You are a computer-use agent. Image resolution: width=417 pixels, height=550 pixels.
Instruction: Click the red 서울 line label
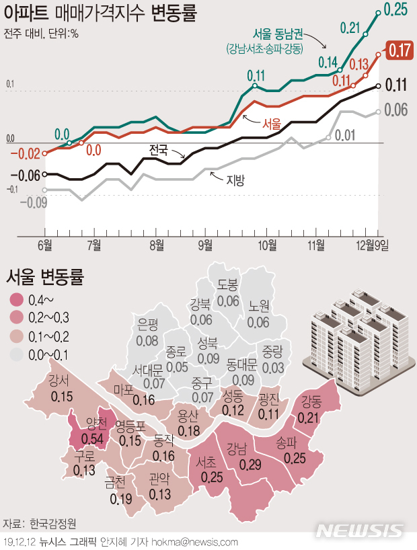[x=271, y=124]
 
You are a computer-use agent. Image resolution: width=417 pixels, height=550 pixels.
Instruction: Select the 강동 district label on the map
[x=311, y=403]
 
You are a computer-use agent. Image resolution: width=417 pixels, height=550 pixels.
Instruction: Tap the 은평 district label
[x=147, y=323]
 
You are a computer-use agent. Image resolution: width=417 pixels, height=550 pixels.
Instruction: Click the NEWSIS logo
[x=363, y=530]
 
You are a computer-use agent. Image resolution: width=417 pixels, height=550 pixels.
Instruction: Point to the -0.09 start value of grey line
[x=32, y=202]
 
